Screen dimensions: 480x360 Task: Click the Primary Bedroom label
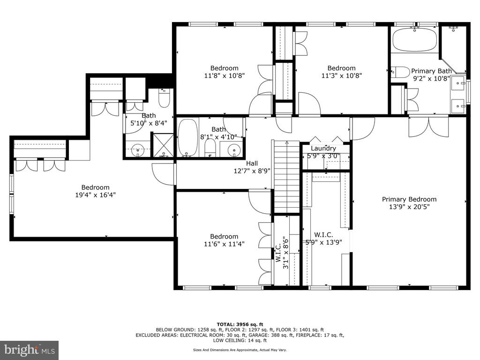409,199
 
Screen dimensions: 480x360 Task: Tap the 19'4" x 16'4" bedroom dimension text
96,195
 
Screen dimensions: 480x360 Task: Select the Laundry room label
323,149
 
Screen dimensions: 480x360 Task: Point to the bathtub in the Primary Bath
415,39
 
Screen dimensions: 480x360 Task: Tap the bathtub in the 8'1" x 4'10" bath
187,137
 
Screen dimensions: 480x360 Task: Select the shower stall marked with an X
163,145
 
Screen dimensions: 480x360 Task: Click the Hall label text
252,164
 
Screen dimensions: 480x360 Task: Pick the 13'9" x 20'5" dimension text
409,207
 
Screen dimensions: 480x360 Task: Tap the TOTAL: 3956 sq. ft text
240,324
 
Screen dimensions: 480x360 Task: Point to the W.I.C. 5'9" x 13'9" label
323,239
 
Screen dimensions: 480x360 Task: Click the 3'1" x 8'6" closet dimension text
285,253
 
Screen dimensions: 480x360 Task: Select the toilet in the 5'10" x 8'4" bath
164,98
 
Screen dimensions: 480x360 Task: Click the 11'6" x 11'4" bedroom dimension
224,244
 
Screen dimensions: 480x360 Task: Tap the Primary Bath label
431,71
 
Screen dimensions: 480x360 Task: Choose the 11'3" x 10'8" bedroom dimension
342,75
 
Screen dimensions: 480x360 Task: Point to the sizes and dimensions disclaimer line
240,350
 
